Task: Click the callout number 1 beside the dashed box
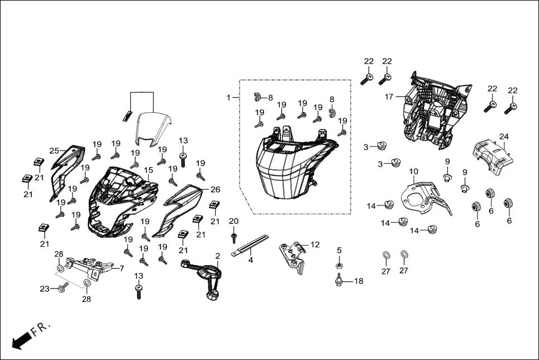(228, 98)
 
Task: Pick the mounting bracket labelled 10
(424, 195)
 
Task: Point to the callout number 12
(316, 244)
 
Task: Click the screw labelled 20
(234, 237)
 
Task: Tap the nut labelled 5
(339, 266)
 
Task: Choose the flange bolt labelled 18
(339, 281)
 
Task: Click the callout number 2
(218, 256)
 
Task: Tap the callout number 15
(149, 170)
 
